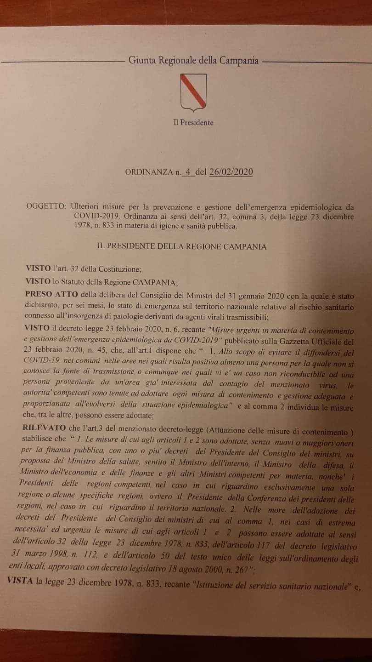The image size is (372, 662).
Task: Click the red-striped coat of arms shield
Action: pos(193,92)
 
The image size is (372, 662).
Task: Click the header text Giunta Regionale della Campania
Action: pos(193,60)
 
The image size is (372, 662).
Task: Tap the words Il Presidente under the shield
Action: pos(193,123)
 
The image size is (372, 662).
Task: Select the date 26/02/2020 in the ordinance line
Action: pos(231,172)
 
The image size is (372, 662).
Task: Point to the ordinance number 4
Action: pos(187,172)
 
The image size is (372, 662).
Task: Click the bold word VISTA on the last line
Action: pos(20,581)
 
